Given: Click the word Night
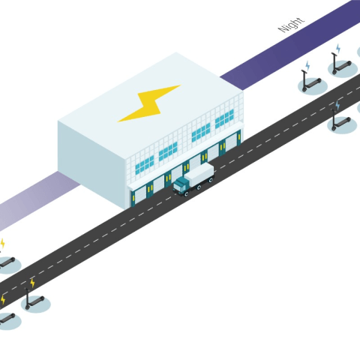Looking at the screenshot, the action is point(292,25).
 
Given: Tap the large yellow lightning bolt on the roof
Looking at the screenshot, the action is point(149,103).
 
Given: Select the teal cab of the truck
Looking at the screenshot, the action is point(180,186).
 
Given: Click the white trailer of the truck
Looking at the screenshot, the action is point(200,173).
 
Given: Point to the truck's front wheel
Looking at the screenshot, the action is point(187,193).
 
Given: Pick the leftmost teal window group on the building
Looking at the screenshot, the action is point(145,164).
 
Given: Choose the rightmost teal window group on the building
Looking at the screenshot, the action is point(224,118).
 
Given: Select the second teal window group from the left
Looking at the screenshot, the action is point(168,151).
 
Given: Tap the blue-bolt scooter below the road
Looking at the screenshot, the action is point(340,122).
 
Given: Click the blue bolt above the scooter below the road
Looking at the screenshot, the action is point(337,105).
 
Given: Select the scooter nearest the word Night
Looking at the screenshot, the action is point(341,65).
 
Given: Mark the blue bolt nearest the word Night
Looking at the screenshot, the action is point(338,49).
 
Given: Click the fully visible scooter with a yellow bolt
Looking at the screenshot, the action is point(34,300).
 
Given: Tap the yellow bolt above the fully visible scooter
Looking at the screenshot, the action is point(32,283).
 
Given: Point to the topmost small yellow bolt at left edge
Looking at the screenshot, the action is point(2,243).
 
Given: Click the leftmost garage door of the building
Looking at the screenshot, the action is point(140,196).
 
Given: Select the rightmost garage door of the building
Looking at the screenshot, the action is point(231,142).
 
